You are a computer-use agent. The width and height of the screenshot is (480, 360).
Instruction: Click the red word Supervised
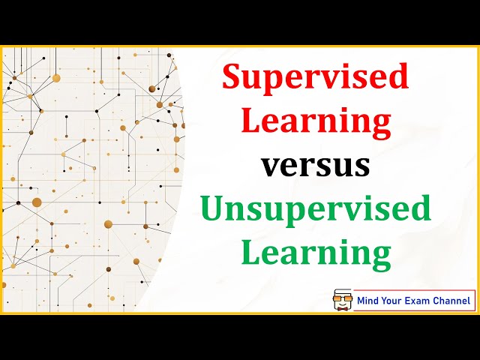pyautogui.click(x=316, y=78)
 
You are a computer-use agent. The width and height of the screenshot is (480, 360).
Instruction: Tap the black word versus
pyautogui.click(x=316, y=166)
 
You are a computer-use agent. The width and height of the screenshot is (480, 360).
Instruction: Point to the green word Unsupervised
pyautogui.click(x=316, y=209)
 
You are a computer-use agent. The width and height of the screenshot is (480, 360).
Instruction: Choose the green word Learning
pyautogui.click(x=316, y=253)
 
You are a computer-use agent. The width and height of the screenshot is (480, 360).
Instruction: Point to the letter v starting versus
pyautogui.click(x=271, y=167)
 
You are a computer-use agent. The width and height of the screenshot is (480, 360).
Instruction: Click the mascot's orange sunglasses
pyautogui.click(x=343, y=298)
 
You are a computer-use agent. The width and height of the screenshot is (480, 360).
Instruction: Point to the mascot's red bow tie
pyautogui.click(x=343, y=307)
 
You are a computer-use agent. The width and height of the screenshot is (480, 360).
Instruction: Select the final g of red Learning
pyautogui.click(x=380, y=124)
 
